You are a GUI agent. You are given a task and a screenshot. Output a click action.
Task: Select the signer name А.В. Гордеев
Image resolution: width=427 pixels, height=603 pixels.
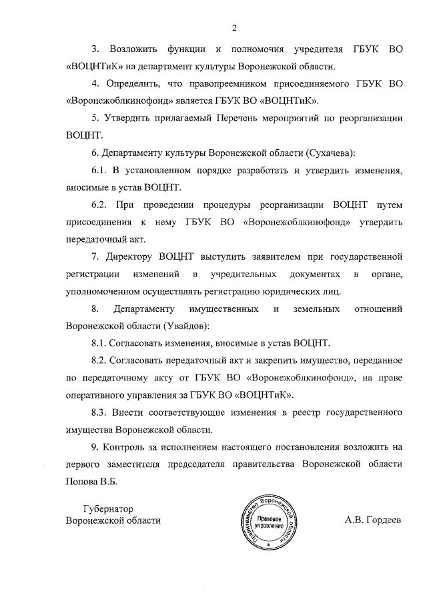tap(373, 520)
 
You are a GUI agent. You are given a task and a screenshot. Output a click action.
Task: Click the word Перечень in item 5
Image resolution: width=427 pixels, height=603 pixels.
tap(242, 118)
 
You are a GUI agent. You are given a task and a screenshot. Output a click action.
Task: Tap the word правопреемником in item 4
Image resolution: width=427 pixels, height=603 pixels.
tap(228, 84)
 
